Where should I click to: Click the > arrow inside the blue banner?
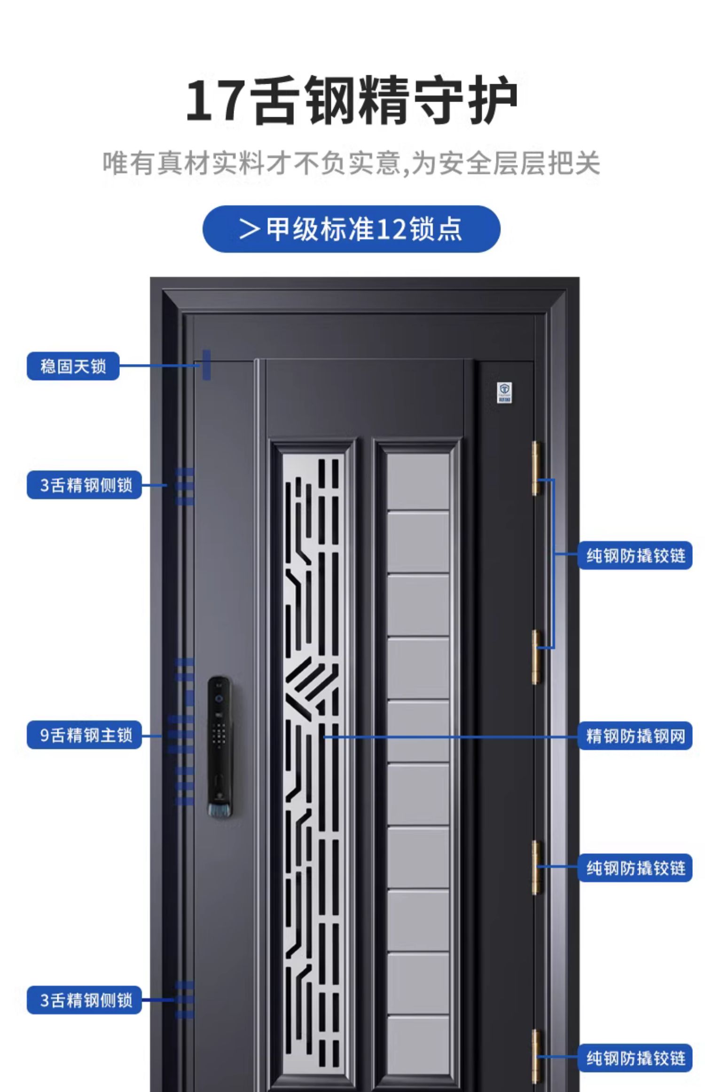pos(250,229)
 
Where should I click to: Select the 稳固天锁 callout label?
pos(73,366)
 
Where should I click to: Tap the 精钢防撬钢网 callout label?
pos(635,736)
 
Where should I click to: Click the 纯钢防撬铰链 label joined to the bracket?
pos(635,555)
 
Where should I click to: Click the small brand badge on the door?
pos(504,392)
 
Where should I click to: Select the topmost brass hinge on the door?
pos(536,468)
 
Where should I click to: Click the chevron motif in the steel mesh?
pos(310,682)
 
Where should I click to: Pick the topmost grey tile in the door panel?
pos(418,479)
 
